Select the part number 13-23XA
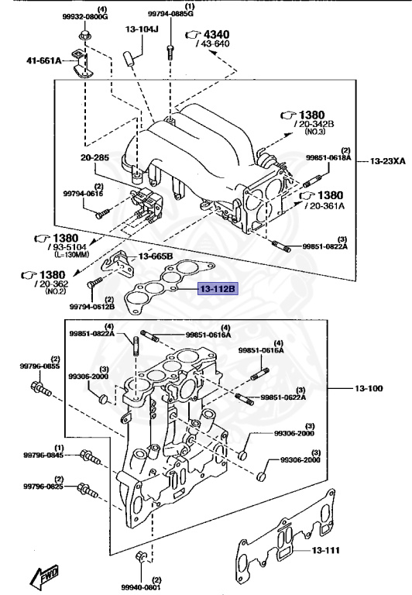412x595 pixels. (387, 161)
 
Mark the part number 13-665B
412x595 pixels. (156, 256)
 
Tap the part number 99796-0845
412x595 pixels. (43, 456)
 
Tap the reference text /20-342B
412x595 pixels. (313, 123)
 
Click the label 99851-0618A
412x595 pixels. (328, 157)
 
